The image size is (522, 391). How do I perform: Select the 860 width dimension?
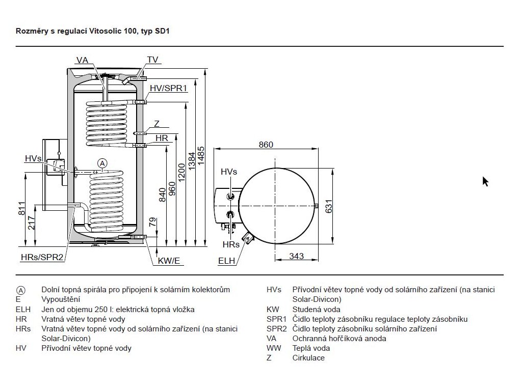click(266, 145)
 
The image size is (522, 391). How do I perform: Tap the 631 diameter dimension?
click(329, 206)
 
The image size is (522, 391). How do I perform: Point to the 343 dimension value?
click(296, 256)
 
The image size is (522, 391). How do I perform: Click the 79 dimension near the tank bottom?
click(153, 222)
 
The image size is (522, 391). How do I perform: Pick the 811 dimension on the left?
click(21, 208)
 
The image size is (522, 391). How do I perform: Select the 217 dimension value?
click(31, 223)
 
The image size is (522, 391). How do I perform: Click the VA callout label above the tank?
click(82, 60)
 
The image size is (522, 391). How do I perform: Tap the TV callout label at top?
click(152, 60)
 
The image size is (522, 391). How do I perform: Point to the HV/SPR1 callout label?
click(168, 88)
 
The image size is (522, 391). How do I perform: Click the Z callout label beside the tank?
click(157, 124)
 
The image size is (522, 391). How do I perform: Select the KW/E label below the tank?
click(169, 261)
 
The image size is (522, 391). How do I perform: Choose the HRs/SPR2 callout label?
click(42, 257)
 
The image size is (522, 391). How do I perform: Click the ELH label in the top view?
click(227, 261)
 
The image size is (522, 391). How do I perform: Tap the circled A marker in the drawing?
click(102, 163)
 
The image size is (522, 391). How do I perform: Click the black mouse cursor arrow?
click(485, 182)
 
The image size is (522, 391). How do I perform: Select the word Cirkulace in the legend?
click(308, 358)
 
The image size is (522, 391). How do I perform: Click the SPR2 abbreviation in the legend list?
click(276, 329)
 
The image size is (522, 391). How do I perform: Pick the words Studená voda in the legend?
click(316, 310)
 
